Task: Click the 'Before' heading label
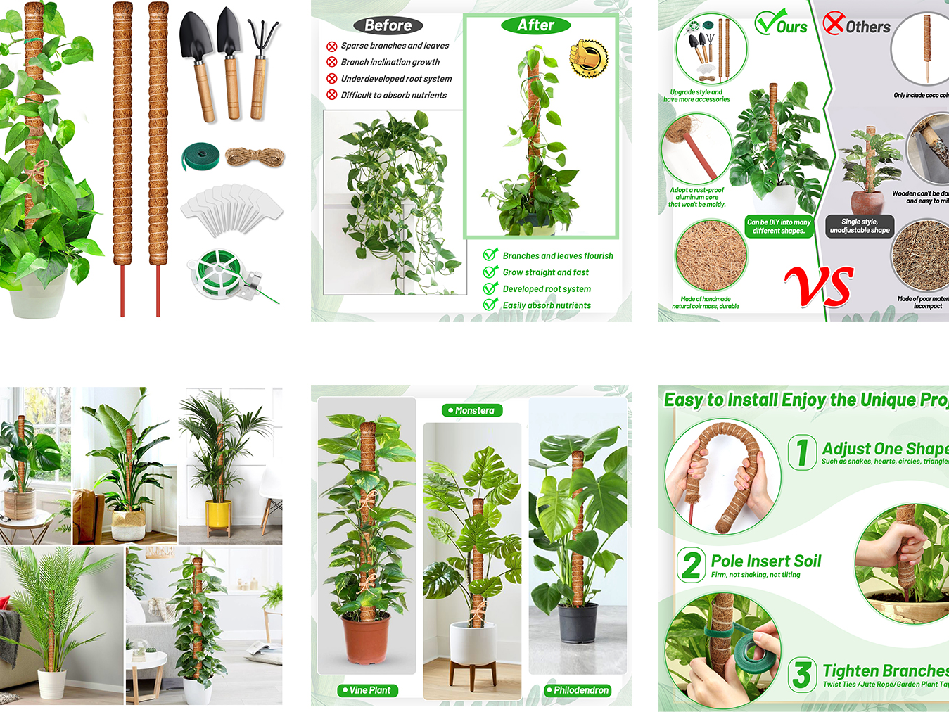(388, 25)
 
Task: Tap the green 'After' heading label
(535, 25)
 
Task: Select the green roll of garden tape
(200, 156)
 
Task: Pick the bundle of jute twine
(255, 157)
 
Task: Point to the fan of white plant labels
(231, 209)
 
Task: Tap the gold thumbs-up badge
(588, 58)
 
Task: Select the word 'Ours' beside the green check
(791, 27)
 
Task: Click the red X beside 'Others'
(834, 23)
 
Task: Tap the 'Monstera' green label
(472, 410)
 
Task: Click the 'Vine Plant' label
(368, 690)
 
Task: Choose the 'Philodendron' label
(578, 690)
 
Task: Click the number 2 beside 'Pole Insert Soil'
(692, 565)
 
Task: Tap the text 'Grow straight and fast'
(545, 272)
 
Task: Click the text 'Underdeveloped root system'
(396, 79)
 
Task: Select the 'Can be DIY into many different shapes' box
(779, 226)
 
